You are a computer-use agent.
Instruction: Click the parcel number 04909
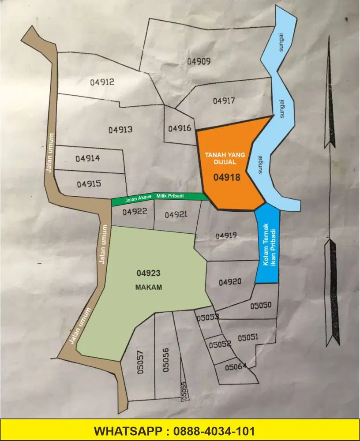coord(199,61)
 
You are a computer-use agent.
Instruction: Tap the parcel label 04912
coord(102,82)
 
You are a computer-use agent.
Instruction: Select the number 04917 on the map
coord(224,101)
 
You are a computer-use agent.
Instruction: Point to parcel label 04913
coord(120,130)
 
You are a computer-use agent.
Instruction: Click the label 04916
coord(180,128)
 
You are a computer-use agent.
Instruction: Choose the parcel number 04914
coord(87,158)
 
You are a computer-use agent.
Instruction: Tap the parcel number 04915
coord(89,183)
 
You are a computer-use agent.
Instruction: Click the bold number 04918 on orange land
coord(226,177)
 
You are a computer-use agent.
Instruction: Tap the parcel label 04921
coord(176,214)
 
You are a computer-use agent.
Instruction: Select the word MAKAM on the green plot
coord(148,287)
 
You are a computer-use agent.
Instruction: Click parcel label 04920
coord(229,282)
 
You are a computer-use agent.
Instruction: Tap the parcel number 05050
coord(261,305)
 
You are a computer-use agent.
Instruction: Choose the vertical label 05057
coord(141,363)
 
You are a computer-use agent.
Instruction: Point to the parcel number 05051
coord(248,338)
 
